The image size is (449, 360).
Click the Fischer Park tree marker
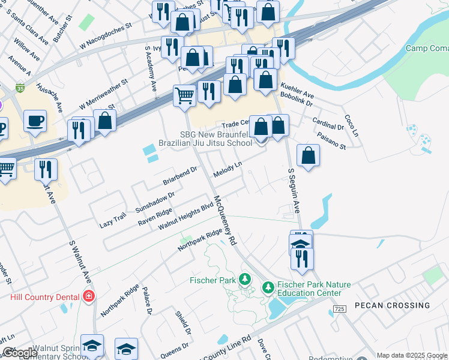tap(245, 279)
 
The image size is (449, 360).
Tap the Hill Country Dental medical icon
tap(89, 296)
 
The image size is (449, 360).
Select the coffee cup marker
tap(35, 121)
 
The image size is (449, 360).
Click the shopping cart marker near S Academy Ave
tap(184, 95)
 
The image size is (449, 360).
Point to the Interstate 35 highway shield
tap(20, 88)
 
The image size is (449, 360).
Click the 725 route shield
tap(339, 309)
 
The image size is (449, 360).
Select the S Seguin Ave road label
tap(294, 191)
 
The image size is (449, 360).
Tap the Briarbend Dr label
tap(179, 176)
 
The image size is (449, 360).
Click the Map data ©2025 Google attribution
tap(412, 355)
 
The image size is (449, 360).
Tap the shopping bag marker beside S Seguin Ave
tap(308, 155)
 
